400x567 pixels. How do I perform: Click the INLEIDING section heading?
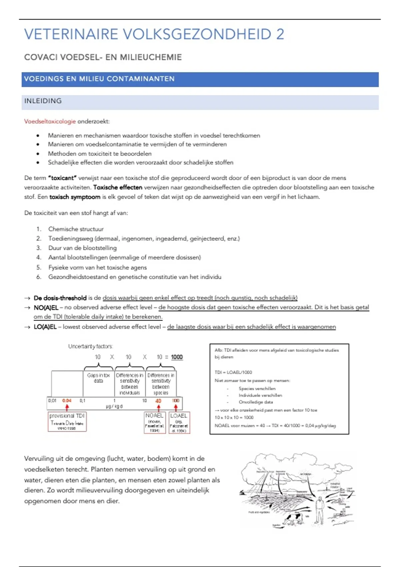[43, 101]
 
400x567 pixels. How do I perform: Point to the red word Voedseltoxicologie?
[50, 121]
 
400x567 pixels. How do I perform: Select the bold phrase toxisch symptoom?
[75, 197]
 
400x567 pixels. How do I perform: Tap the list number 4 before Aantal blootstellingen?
[39, 257]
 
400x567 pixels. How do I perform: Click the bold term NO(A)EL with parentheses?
[46, 307]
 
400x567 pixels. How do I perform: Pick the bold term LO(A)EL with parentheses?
[45, 327]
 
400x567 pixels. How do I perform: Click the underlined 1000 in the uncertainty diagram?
[177, 357]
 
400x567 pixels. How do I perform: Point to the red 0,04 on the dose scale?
[67, 401]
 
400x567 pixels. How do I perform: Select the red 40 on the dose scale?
[158, 401]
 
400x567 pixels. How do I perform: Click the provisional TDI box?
[67, 422]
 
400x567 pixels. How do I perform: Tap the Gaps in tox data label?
[98, 378]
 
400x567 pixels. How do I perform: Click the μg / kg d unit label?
[114, 406]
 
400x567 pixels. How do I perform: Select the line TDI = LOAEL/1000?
[233, 372]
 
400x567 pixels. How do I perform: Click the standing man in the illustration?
[319, 510]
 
